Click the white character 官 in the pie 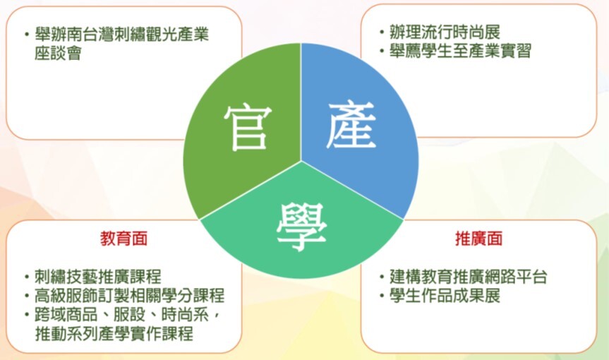click(248, 128)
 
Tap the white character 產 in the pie click(351, 124)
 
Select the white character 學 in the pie click(301, 227)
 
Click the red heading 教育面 click(124, 239)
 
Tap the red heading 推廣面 click(479, 239)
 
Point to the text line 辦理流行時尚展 click(445, 32)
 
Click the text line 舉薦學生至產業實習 click(461, 51)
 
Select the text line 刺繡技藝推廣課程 click(98, 277)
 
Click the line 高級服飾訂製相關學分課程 click(130, 296)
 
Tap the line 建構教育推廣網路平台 click(469, 277)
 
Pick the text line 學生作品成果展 click(445, 296)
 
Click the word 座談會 click(58, 53)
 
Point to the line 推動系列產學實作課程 click(114, 334)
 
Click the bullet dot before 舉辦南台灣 click(26, 34)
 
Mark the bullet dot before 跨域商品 click(26, 315)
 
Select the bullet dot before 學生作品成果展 click(382, 296)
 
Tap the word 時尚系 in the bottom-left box click(185, 315)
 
